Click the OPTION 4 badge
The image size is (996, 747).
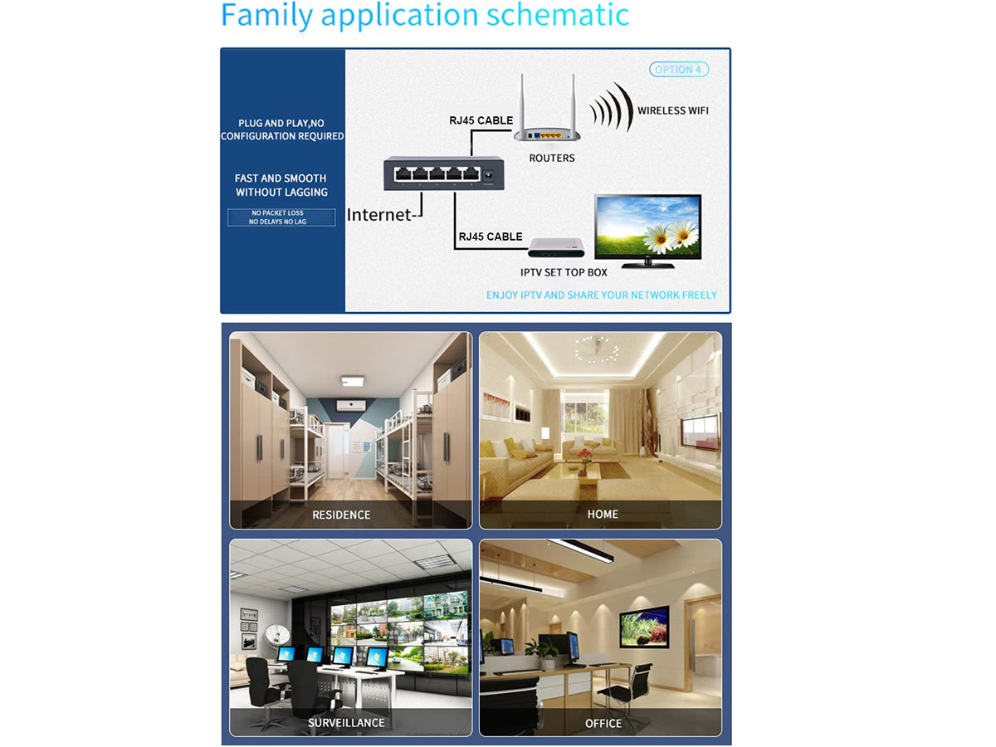[678, 70]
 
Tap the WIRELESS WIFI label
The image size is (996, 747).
[672, 110]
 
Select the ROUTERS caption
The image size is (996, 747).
[552, 158]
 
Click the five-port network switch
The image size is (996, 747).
[444, 173]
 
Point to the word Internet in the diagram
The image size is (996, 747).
[378, 214]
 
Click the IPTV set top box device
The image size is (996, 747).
[556, 247]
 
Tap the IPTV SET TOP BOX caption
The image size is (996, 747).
[564, 272]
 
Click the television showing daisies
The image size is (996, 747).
[647, 232]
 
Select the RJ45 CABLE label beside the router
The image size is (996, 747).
[481, 120]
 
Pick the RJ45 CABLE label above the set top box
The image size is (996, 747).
[491, 237]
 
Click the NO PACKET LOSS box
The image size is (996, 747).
[281, 217]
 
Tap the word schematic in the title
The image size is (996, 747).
[558, 15]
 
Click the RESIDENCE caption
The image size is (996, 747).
[341, 515]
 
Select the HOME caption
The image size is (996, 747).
[603, 514]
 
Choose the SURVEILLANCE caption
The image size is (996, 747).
[346, 722]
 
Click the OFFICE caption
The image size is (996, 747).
[603, 724]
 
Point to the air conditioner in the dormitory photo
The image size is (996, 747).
[351, 405]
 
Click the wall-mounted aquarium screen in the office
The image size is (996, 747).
[644, 627]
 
